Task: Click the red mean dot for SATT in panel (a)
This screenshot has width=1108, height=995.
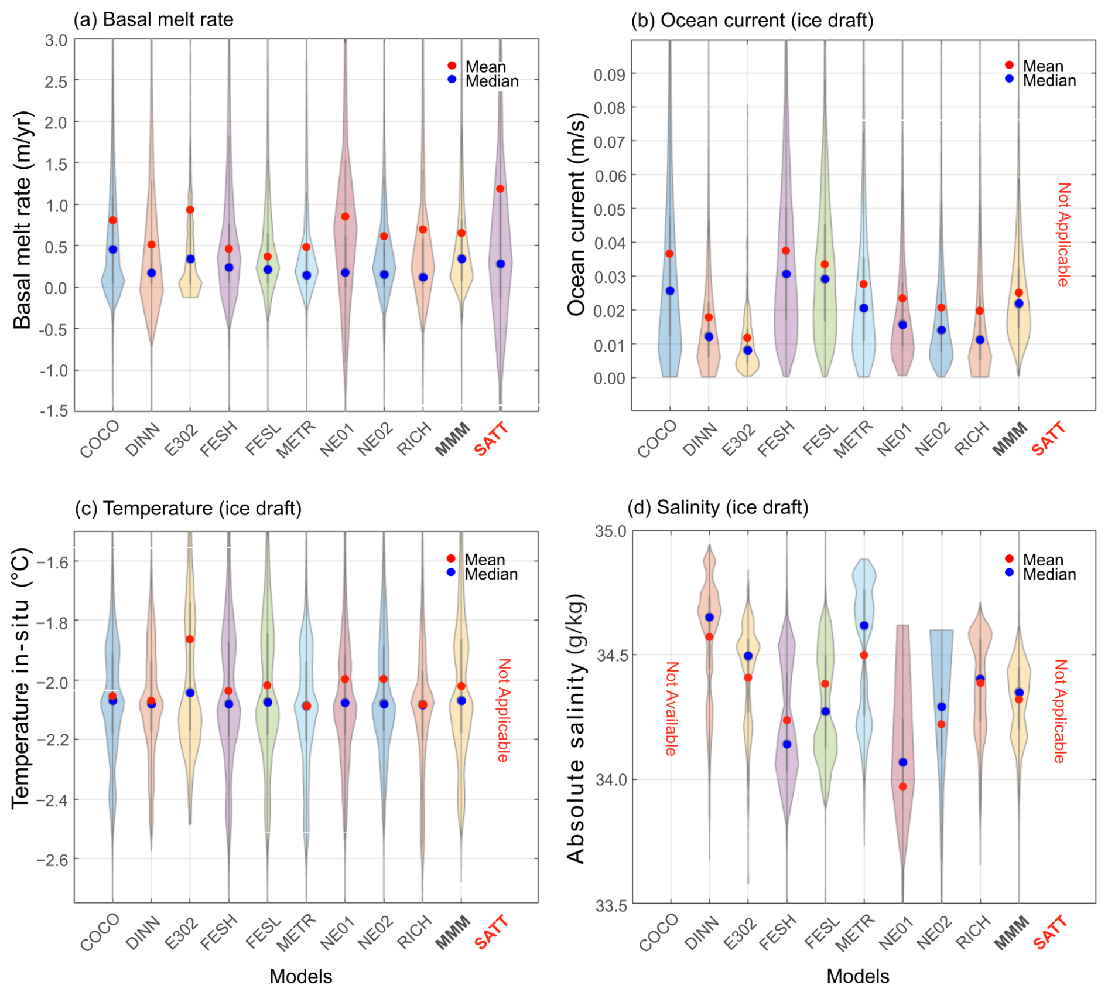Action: point(500,189)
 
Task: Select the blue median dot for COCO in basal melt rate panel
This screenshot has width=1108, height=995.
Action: point(113,250)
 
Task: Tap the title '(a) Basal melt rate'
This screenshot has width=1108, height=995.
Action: point(153,19)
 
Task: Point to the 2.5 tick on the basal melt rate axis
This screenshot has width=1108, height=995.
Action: point(56,81)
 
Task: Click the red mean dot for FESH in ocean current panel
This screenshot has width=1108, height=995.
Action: point(786,251)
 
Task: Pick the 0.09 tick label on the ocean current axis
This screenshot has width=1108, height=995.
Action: point(610,74)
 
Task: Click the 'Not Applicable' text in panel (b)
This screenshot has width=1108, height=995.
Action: point(1063,234)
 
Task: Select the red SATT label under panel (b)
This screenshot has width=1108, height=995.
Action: point(1048,439)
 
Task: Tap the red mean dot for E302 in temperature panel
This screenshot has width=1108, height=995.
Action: point(190,639)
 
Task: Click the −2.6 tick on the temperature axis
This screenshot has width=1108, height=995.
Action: point(52,860)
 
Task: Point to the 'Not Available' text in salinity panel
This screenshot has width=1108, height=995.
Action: point(672,709)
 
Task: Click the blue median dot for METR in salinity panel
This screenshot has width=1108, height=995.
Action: point(864,626)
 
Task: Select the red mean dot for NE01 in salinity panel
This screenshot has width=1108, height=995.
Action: point(903,787)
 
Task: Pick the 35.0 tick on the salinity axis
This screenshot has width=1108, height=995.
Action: point(610,531)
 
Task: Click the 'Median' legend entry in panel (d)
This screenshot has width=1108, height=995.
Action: point(1049,574)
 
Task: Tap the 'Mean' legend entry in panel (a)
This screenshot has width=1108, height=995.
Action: point(485,66)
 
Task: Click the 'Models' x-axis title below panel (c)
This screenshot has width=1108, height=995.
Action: point(300,976)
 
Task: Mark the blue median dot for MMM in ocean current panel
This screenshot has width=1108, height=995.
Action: point(1019,304)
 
